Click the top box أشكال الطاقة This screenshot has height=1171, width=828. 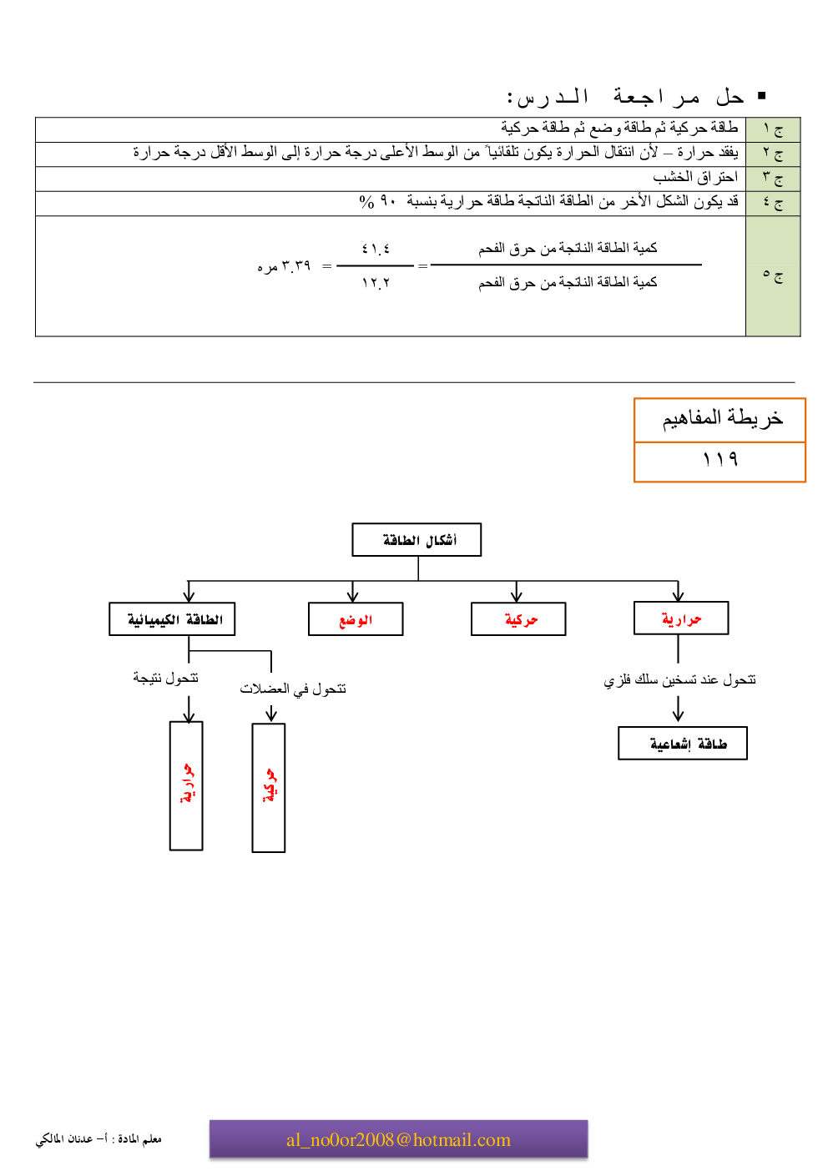click(x=417, y=540)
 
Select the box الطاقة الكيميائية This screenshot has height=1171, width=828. click(x=172, y=619)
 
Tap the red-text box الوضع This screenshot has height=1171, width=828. click(x=356, y=619)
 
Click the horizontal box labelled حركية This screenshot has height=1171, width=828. click(x=518, y=619)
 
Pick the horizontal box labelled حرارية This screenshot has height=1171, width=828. click(x=681, y=618)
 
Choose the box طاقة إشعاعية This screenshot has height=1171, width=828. click(x=683, y=743)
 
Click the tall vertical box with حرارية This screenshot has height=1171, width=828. click(x=186, y=785)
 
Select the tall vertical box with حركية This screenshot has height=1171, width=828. click(x=269, y=787)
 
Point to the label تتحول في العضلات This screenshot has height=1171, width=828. click(x=293, y=689)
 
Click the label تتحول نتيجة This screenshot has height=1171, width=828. click(x=165, y=678)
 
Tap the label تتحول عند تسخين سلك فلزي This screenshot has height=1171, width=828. click(x=679, y=679)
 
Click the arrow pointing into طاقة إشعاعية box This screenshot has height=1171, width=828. click(x=678, y=709)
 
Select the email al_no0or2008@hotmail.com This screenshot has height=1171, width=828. click(x=398, y=1140)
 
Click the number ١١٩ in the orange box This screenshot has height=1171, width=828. click(x=719, y=460)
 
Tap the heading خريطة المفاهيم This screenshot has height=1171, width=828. click(x=722, y=418)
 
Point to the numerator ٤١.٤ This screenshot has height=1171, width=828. click(x=376, y=249)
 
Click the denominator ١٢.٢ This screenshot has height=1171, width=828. click(x=376, y=283)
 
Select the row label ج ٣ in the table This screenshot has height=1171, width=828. click(x=773, y=178)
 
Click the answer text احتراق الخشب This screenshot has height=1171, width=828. click(x=695, y=177)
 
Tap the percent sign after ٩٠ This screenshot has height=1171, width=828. click(x=366, y=201)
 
